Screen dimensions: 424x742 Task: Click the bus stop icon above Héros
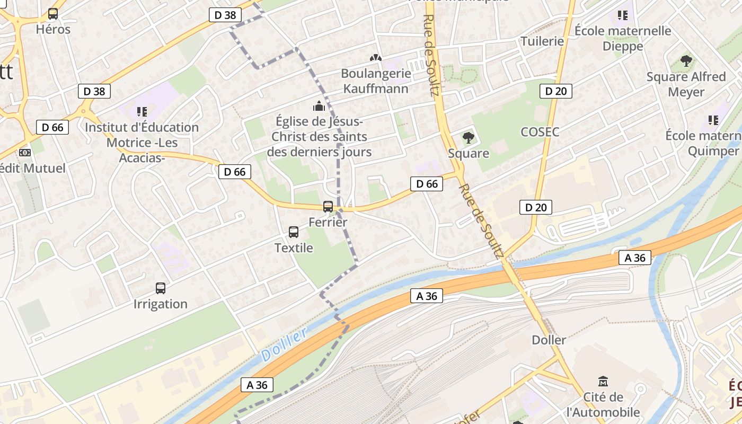coord(53,14)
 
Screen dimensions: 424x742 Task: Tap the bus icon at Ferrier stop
coord(328,207)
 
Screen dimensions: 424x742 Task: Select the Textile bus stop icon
coord(294,232)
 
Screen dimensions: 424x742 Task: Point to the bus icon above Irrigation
coord(161,288)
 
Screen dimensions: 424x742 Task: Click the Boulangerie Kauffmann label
coord(376,81)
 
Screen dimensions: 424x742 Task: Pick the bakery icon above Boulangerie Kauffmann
coord(375,57)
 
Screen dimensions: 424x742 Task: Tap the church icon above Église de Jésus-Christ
coord(319,106)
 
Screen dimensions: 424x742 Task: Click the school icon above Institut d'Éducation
coord(142,111)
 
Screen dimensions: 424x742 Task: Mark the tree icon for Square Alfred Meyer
coord(686,61)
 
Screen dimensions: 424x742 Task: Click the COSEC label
coord(540,132)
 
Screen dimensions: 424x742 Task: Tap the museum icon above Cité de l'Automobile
coord(603,382)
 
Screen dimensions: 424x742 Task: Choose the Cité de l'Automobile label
coord(603,405)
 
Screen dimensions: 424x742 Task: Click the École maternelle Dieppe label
coord(623,39)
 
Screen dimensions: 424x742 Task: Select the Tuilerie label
coord(542,41)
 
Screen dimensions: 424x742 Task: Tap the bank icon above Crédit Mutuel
coord(24,153)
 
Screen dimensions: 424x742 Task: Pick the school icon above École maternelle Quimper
coord(713,120)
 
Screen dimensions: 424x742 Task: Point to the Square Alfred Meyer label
coord(686,84)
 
